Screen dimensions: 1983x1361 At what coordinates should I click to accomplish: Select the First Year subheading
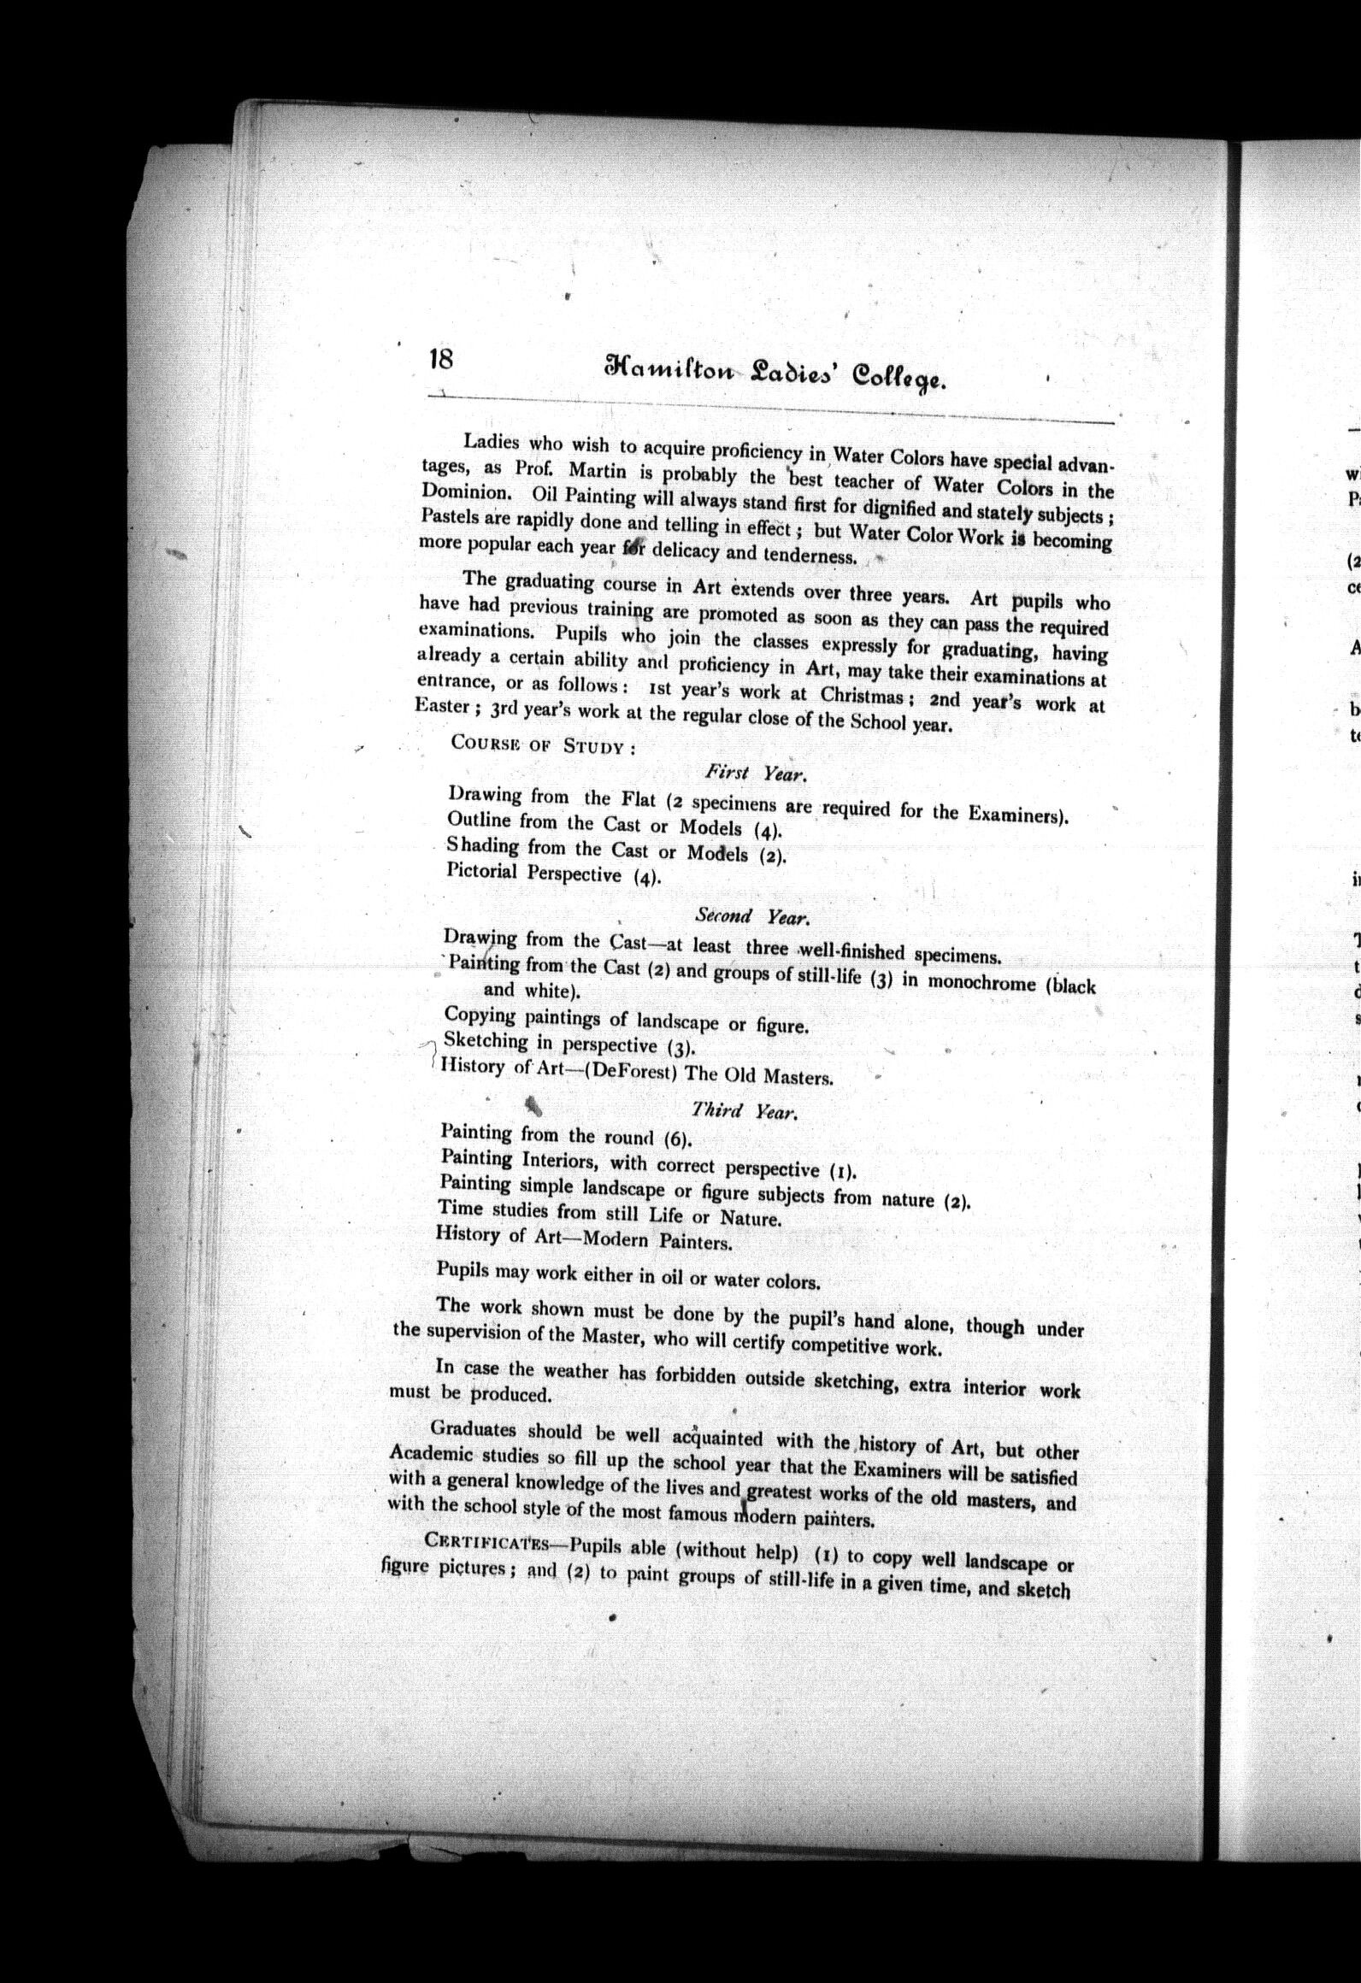[x=757, y=774]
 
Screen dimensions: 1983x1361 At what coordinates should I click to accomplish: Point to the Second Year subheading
[x=751, y=916]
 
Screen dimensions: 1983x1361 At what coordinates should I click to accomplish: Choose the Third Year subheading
[x=744, y=1111]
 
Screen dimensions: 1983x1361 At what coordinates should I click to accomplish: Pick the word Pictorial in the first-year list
[x=481, y=871]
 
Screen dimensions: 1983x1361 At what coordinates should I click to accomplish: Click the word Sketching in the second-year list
[x=485, y=1041]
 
